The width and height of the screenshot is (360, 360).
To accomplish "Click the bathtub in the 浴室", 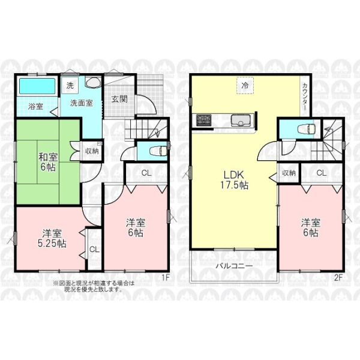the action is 37,86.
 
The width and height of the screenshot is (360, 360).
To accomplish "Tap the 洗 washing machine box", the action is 70,85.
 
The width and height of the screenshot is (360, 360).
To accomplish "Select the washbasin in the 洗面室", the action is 93,82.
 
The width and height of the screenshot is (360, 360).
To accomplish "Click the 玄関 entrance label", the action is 119,99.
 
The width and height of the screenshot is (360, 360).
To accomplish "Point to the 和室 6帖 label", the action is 48,163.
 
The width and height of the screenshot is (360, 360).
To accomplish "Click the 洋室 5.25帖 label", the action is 52,239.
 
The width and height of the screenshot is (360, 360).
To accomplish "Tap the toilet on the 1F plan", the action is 158,151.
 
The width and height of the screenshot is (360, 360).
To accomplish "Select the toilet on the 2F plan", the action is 307,129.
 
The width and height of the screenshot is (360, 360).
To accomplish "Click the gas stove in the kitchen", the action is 203,120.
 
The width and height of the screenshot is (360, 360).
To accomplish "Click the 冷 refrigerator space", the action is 245,85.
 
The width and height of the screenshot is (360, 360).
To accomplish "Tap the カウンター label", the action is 305,97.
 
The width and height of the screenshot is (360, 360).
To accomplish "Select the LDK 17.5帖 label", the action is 234,180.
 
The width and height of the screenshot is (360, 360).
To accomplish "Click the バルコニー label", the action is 235,266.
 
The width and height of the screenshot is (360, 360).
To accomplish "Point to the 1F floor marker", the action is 166,278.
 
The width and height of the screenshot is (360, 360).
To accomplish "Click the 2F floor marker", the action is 338,278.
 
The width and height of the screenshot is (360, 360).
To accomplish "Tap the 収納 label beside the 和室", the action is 92,151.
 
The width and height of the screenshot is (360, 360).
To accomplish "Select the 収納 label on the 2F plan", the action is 289,173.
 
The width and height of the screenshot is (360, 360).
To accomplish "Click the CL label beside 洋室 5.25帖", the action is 94,250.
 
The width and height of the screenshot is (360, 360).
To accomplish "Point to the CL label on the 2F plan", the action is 322,173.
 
